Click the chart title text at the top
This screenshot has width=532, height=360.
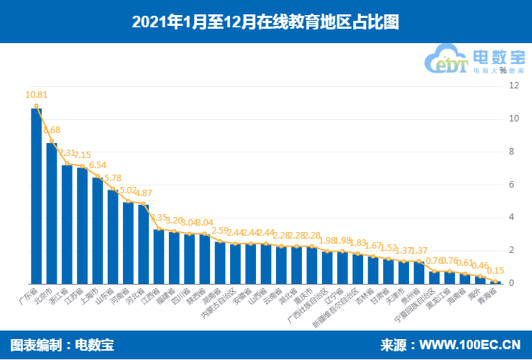coord(265,22)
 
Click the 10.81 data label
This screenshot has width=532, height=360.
coord(36,94)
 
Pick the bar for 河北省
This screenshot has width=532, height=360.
coord(143,244)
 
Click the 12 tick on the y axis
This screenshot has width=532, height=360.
coord(513,86)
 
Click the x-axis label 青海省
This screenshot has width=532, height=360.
coord(487,297)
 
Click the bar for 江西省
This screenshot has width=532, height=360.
coord(159,256)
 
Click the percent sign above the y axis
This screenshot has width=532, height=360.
coord(513,70)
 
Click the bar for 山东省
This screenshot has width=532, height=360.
coord(113,236)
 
